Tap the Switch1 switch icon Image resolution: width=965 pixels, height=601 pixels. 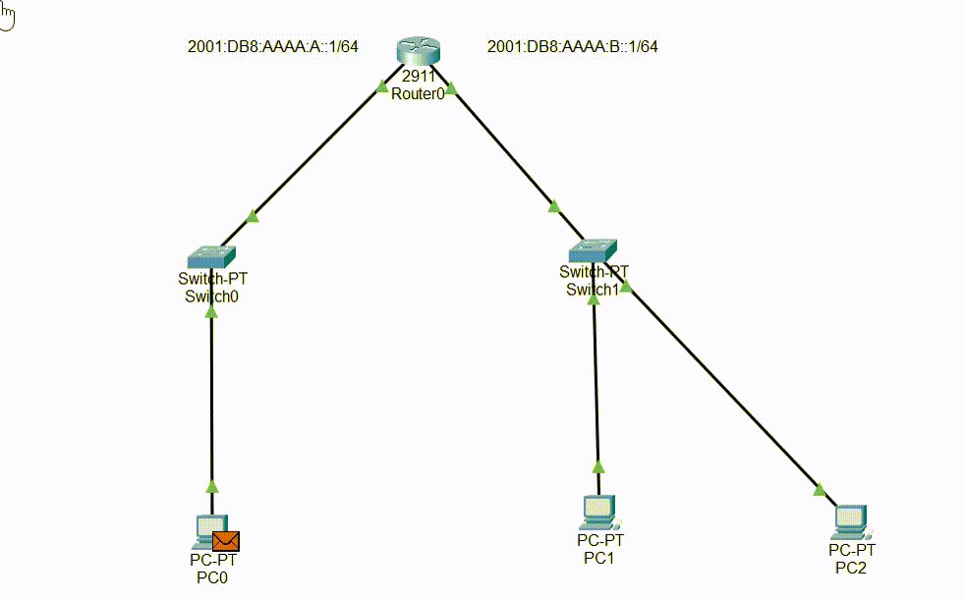point(594,250)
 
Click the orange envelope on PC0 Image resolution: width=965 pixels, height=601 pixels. point(226,540)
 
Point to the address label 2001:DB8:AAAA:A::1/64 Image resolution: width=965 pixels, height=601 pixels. point(272,46)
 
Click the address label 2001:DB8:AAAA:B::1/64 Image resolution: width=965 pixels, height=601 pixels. point(572,46)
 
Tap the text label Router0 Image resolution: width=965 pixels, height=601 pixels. point(418,94)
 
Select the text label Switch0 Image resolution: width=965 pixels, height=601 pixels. point(211,296)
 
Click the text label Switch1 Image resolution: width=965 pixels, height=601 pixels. point(593,289)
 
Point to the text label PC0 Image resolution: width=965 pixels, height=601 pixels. point(212,577)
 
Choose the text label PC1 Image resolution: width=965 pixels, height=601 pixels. point(598,558)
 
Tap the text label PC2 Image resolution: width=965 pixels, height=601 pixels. point(851,567)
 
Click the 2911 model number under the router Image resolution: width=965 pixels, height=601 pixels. point(418,78)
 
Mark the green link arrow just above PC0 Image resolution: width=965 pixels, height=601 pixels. point(211,486)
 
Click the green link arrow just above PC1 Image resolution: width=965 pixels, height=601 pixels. point(596,468)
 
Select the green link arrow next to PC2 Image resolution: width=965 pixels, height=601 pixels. point(820,489)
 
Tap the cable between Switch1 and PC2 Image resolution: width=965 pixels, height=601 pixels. point(727,393)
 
